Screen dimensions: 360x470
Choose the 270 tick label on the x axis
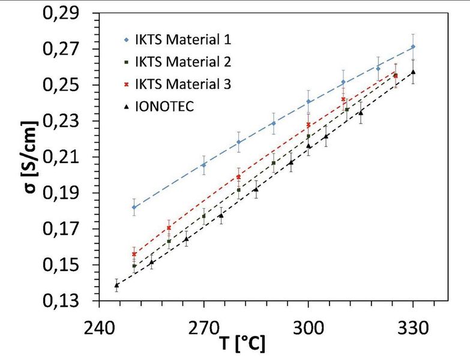pos(204,328)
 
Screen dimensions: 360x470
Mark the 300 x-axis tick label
pos(308,328)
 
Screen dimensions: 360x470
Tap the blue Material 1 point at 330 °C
pos(413,47)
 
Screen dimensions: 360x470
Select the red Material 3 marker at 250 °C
pos(134,254)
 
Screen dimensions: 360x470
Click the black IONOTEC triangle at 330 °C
pos(413,72)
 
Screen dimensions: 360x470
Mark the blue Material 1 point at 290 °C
pos(274,123)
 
